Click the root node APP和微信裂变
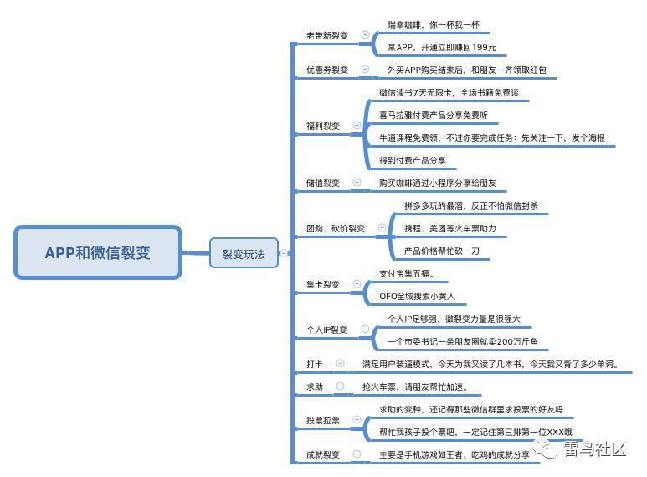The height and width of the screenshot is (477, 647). pos(98,252)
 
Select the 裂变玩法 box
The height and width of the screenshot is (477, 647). pos(244,253)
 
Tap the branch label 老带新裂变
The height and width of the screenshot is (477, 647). pos(326,35)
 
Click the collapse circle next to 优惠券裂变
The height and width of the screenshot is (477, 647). pos(365,69)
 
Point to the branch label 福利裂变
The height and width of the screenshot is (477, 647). pos(323,126)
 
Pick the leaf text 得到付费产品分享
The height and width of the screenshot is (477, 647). pos(412,160)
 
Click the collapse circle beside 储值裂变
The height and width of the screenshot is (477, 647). pos(357,182)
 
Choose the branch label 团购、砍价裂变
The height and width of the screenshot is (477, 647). pos(336,228)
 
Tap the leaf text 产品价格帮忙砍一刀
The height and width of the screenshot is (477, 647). pos(441,251)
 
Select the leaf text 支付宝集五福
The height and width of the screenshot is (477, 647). pos(407,273)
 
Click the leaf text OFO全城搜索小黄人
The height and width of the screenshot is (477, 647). pos(417,297)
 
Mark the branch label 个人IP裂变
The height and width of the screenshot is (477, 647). pos(326,329)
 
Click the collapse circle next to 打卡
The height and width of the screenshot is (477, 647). pos(340,363)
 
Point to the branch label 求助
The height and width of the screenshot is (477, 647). pos(315,387)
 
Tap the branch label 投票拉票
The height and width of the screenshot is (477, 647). pos(323,420)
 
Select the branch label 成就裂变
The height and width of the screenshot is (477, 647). pos(323,454)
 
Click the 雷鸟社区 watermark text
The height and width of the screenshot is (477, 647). pos(594,448)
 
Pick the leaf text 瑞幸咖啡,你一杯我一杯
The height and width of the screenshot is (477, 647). pos(434,25)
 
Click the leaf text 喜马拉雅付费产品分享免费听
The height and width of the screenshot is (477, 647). pos(434,116)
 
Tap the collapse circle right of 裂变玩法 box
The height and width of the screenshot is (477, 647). pos(284,253)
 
